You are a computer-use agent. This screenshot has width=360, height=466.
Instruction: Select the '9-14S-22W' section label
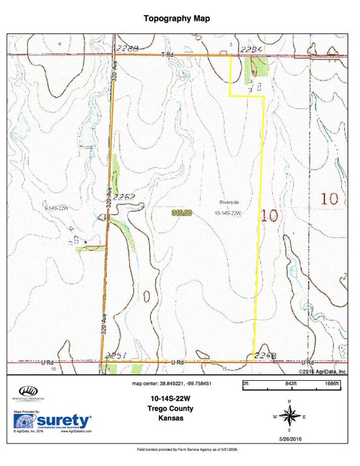pyautogui.click(x=57, y=207)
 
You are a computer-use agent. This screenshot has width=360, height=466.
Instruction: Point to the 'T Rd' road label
pyautogui.click(x=167, y=54)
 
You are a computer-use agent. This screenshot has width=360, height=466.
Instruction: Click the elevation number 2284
pyautogui.click(x=249, y=49)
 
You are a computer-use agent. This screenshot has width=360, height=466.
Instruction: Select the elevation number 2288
pyautogui.click(x=128, y=48)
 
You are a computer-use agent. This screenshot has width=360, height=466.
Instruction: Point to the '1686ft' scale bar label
pyautogui.click(x=333, y=384)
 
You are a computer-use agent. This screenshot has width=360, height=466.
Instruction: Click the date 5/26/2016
pyautogui.click(x=289, y=438)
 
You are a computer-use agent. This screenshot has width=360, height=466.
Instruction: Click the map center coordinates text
pyautogui.click(x=172, y=384)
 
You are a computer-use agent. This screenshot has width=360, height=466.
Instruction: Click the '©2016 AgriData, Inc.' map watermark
pyautogui.click(x=323, y=372)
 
